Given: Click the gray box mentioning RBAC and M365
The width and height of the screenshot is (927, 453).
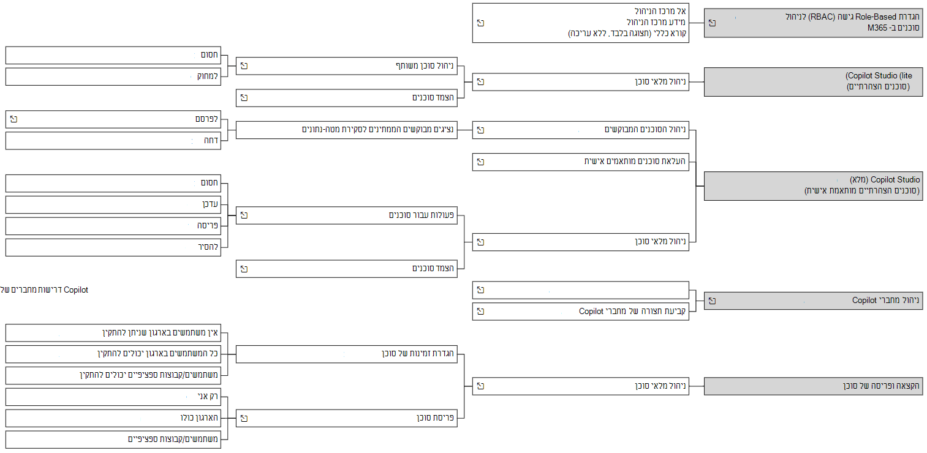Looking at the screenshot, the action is [813, 23].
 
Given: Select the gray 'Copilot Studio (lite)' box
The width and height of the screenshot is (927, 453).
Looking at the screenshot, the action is [813, 82].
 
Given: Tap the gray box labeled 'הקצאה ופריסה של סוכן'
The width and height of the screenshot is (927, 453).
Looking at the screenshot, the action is [813, 386].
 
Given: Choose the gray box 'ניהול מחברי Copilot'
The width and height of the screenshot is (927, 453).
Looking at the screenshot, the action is [813, 301].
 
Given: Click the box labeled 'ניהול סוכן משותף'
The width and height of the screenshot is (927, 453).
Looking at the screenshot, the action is [346, 66].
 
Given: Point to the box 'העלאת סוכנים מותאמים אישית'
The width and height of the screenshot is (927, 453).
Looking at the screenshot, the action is [581, 162].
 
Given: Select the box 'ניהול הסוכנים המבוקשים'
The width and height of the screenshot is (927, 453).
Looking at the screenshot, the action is [581, 130].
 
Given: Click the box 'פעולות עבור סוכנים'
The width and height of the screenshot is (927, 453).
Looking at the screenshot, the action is [346, 215].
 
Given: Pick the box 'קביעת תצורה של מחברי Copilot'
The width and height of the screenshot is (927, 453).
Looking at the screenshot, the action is [581, 312].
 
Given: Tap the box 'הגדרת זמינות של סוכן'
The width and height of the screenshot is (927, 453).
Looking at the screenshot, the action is [346, 354].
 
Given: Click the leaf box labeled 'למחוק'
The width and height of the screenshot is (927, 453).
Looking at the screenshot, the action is [113, 77].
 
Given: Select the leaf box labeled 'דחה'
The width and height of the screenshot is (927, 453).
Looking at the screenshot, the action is [113, 141].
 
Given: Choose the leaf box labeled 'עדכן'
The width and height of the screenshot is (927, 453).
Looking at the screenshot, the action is [113, 204].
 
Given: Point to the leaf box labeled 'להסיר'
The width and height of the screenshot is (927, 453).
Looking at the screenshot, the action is [113, 247].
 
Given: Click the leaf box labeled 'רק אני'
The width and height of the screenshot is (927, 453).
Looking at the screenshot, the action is [113, 397].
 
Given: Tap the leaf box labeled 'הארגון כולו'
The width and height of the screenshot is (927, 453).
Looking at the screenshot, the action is [113, 418].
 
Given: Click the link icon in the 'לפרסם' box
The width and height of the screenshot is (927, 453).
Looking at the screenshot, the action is [13, 119].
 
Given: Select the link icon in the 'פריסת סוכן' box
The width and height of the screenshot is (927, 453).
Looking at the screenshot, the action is [244, 418].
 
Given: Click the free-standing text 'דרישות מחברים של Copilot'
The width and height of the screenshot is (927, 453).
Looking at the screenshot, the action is [44, 290].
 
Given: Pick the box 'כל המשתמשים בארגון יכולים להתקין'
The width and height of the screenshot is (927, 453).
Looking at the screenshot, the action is [113, 354].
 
